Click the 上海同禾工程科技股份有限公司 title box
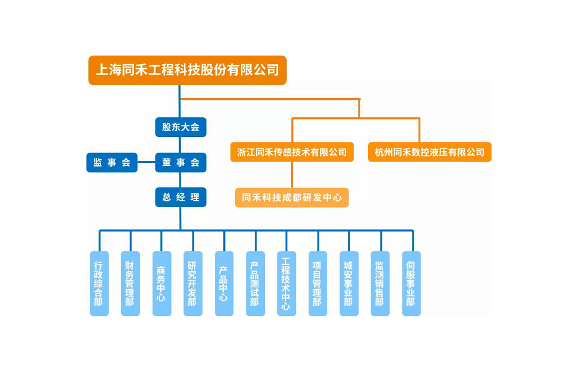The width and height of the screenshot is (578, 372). [187, 70]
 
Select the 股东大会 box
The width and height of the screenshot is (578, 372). [181, 127]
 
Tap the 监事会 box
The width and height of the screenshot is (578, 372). [112, 163]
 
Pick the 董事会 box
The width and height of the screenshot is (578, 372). [181, 163]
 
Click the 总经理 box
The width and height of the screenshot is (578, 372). [181, 198]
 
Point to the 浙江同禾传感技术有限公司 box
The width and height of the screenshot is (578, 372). [292, 152]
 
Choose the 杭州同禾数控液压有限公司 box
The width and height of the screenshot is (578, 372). [429, 152]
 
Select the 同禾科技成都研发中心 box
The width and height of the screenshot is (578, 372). [292, 198]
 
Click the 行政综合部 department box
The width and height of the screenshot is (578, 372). [99, 283]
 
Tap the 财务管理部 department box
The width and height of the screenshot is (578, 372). [130, 283]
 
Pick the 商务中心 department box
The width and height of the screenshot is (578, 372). [162, 283]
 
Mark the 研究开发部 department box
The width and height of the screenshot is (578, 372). [192, 283]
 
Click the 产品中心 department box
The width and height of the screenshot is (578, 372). [224, 283]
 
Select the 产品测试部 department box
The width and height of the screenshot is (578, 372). [255, 283]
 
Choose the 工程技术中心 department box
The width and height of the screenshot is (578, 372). [286, 283]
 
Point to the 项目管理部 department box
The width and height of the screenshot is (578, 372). [318, 283]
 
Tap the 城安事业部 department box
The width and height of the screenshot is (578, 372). [349, 283]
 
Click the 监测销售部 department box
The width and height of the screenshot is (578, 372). [380, 283]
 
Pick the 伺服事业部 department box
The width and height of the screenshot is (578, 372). [411, 283]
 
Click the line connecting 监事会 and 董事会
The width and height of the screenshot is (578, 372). [146, 163]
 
